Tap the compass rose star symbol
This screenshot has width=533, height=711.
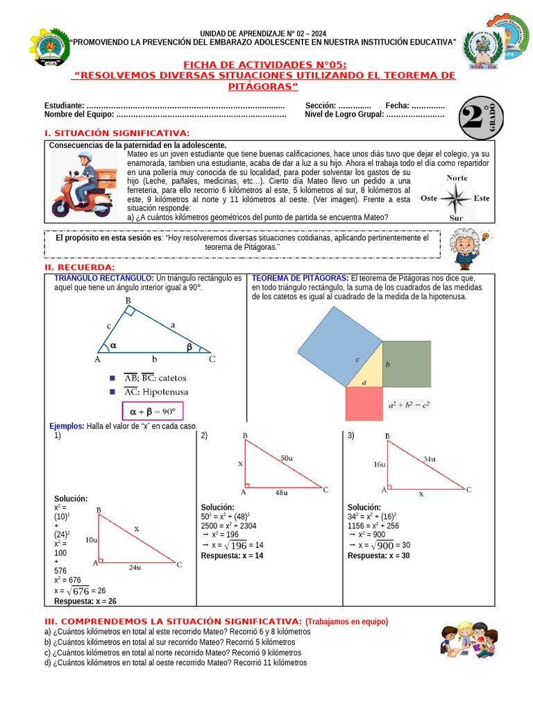(456, 199)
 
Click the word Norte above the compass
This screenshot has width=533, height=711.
(456, 178)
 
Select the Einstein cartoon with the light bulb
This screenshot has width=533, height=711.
(466, 247)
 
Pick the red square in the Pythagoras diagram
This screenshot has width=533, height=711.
(364, 403)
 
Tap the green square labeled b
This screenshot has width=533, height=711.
(406, 364)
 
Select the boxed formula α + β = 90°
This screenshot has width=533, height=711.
(152, 411)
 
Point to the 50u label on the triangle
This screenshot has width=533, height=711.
(286, 458)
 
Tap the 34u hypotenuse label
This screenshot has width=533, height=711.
(430, 458)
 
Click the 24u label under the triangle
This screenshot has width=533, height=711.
(135, 567)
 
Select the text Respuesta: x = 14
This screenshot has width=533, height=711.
(232, 555)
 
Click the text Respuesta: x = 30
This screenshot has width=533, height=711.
(378, 555)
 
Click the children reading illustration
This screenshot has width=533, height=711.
(469, 639)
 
